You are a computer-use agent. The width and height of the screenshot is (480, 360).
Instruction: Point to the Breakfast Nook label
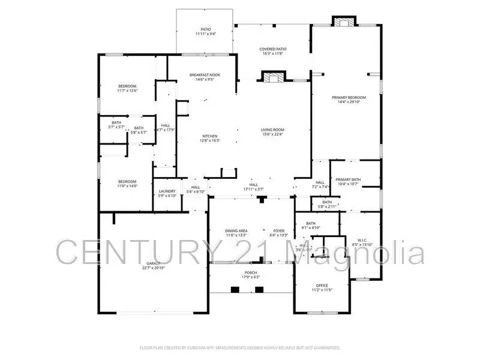tap(205, 75)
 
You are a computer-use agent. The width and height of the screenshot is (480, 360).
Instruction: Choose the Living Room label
tap(272, 130)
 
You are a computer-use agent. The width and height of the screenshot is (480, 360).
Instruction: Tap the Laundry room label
tap(167, 191)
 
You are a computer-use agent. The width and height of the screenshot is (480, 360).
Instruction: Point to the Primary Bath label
tap(347, 179)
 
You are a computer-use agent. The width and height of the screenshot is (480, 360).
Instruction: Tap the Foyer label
tap(279, 230)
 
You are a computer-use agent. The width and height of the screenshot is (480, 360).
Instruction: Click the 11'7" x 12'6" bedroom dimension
tap(127, 91)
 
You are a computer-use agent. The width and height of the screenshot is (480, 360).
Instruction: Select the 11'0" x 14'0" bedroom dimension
tap(127, 187)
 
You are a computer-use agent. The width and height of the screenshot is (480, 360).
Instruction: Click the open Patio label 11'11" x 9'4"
tap(205, 31)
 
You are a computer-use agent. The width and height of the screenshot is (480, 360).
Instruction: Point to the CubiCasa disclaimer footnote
tap(240, 347)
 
